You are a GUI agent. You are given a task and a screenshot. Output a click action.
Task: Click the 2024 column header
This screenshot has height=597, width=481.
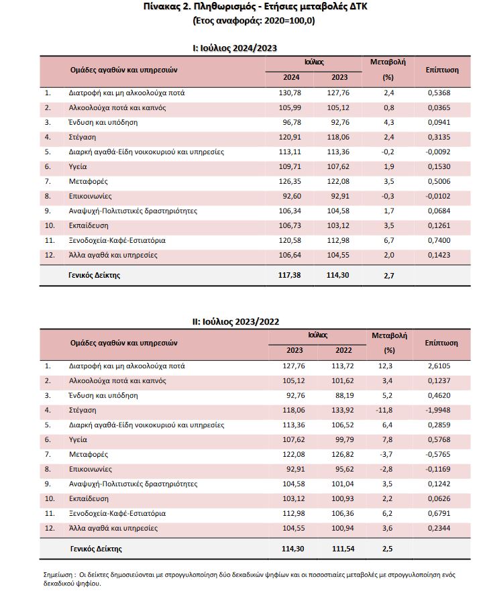click(290, 77)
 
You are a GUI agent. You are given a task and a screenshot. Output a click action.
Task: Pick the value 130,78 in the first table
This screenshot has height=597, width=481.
click(290, 93)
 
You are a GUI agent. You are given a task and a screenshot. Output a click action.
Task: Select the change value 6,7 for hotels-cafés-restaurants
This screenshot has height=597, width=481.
click(388, 240)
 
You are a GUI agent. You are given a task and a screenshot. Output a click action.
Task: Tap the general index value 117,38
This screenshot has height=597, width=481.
click(289, 274)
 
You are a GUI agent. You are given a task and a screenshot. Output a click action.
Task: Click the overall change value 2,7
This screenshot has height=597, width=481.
click(388, 274)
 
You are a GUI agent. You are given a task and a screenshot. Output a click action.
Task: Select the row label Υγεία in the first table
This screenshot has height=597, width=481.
click(79, 166)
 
